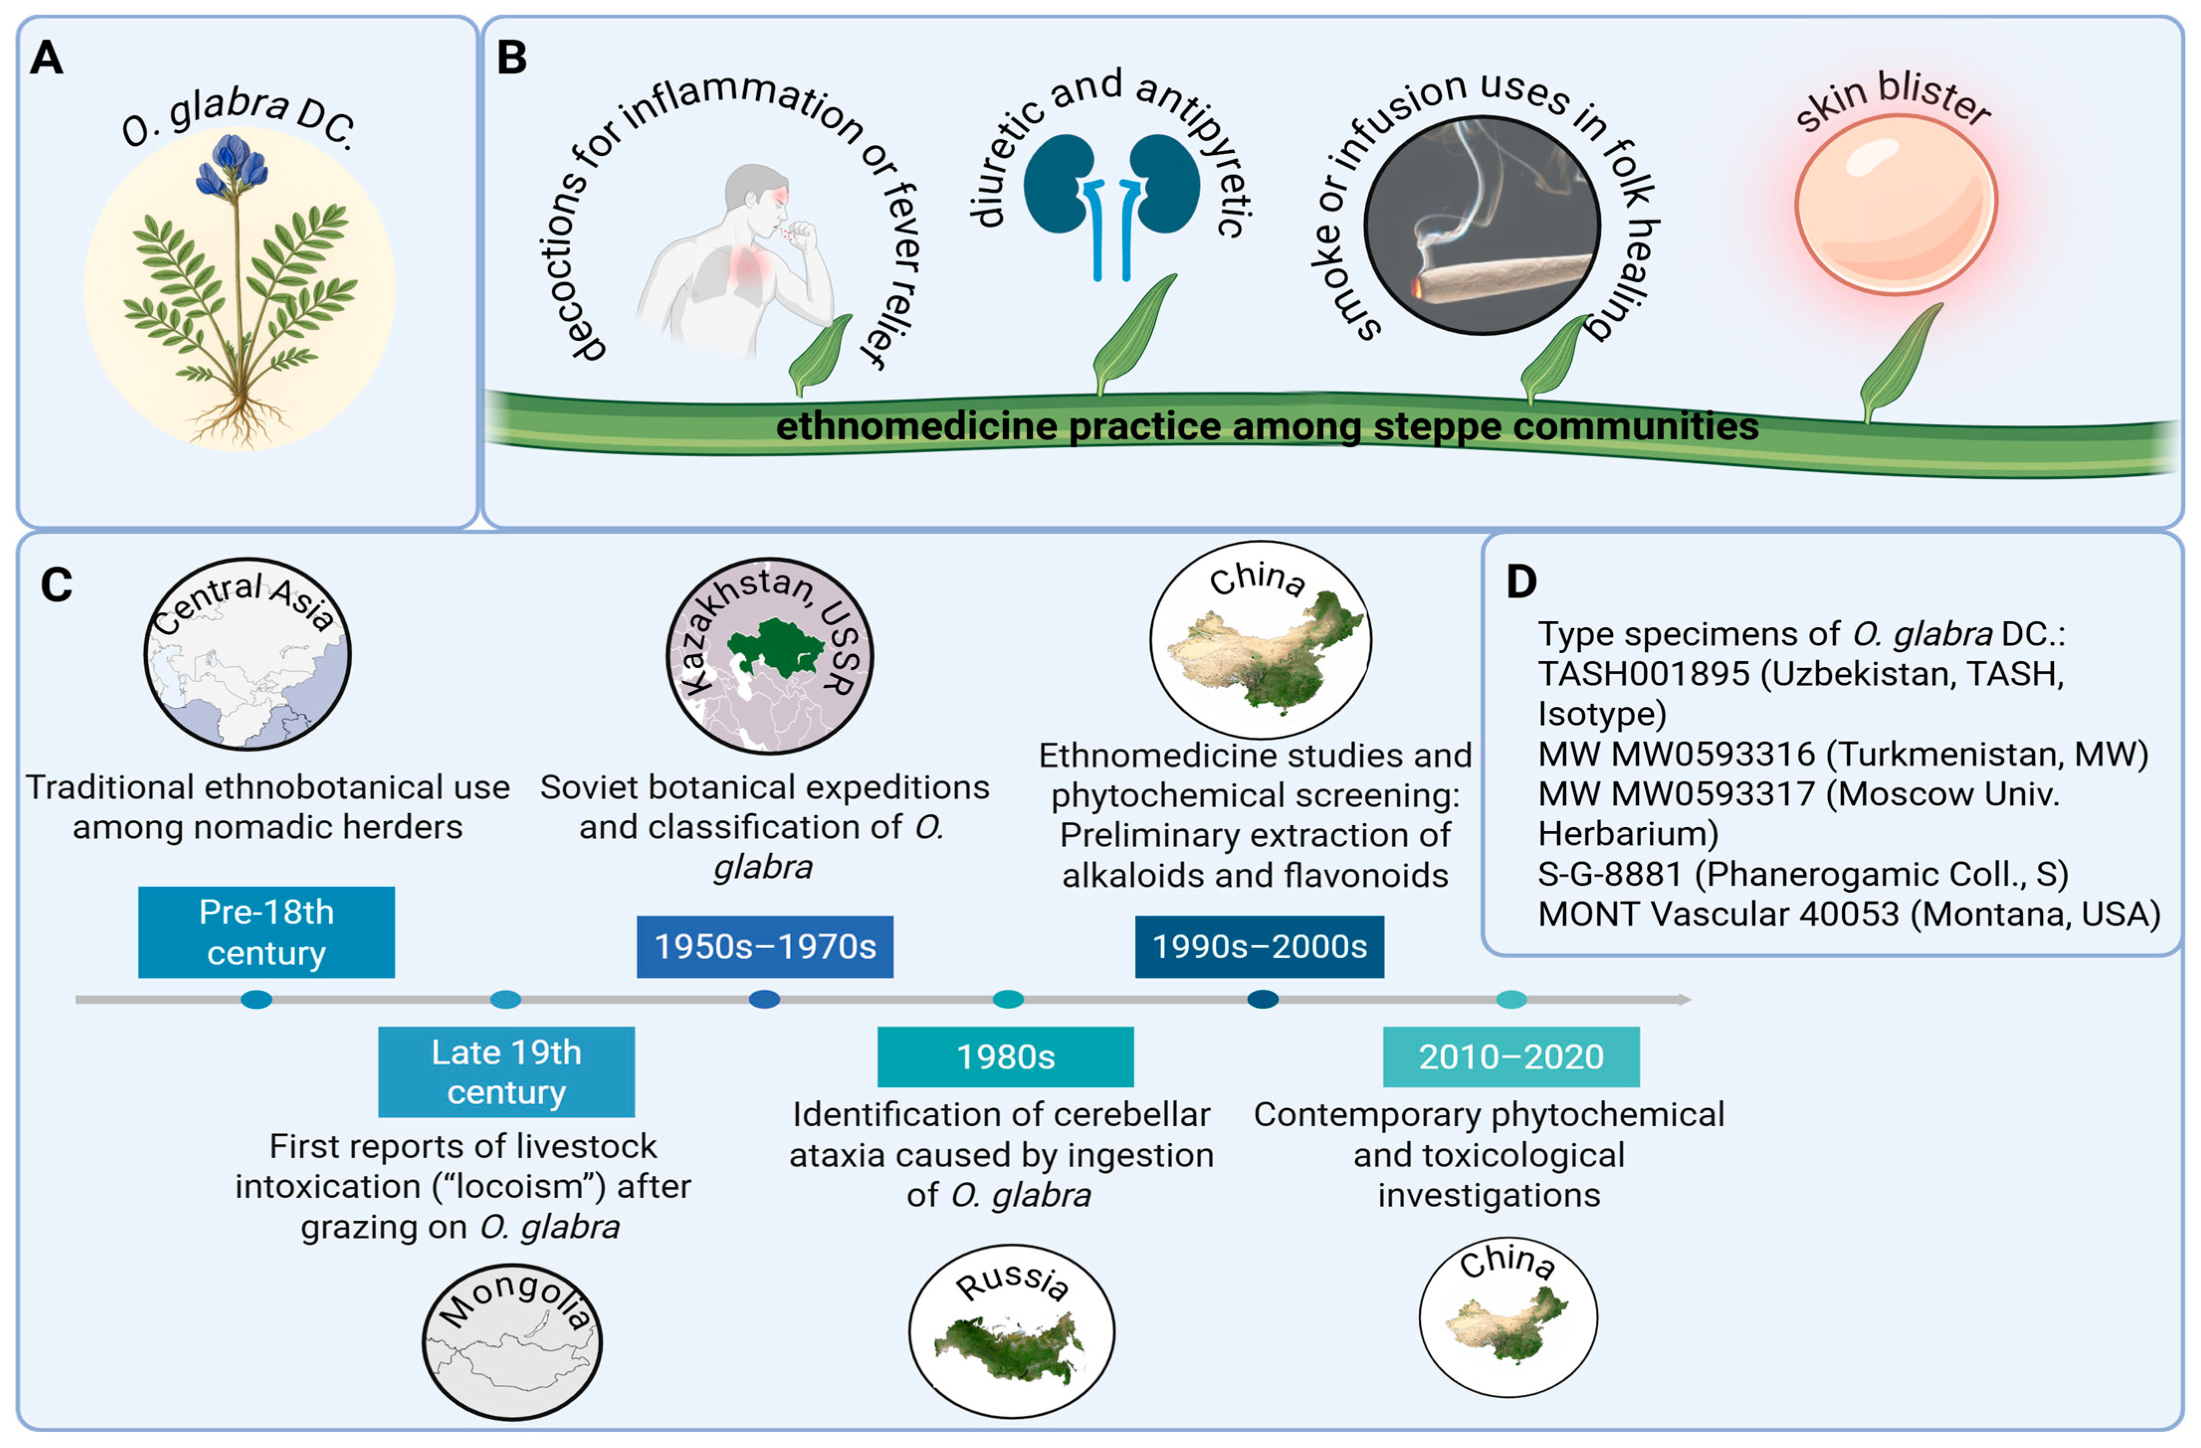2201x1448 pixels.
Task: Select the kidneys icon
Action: point(1111,185)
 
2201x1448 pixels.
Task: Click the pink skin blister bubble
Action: point(1896,203)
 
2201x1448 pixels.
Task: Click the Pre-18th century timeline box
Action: point(266,932)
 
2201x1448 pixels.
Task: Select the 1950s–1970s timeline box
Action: point(765,946)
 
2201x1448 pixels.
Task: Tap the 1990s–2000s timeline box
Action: point(1260,946)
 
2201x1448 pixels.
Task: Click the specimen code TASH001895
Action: point(1643,674)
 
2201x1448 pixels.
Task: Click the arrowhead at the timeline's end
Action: point(1685,999)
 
